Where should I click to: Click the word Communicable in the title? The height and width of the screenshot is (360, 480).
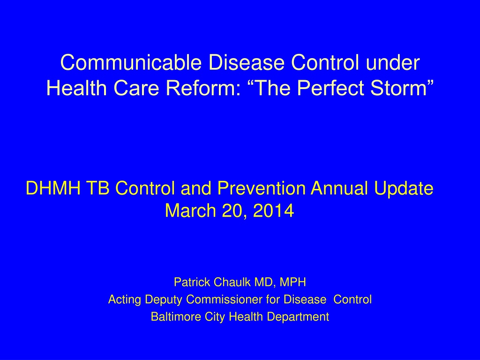pos(131,62)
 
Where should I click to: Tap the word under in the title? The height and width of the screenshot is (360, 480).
pos(393,62)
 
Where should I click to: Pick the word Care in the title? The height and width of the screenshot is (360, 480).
pos(136,88)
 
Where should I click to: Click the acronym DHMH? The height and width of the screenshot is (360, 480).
pos(53,188)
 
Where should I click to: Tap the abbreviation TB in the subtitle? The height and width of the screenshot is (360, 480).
pos(97,188)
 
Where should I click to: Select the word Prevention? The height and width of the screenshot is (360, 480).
pos(261,188)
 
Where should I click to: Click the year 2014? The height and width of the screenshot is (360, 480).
pos(274,210)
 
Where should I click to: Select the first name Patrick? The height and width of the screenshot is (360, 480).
pos(192,282)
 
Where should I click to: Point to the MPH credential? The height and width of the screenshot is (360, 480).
pos(292,282)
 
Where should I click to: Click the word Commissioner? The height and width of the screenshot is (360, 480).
pos(225,299)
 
